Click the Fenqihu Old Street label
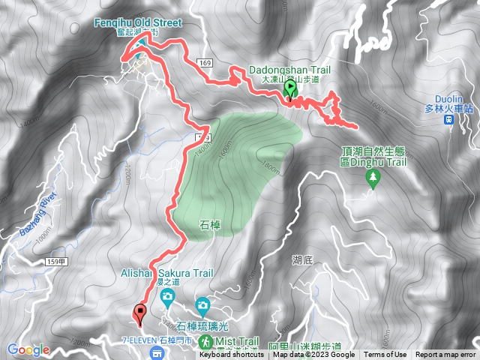pos(138,22)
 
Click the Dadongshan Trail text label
pos(289,70)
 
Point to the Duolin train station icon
pos(448,118)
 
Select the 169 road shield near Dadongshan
pos(207,62)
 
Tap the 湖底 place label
pos(301,259)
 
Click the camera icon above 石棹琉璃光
pos(202,305)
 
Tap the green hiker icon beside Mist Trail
pos(206,341)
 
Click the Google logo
pos(28,349)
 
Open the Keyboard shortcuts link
pos(232,355)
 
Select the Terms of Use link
pos(385,355)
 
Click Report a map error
pos(445,355)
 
